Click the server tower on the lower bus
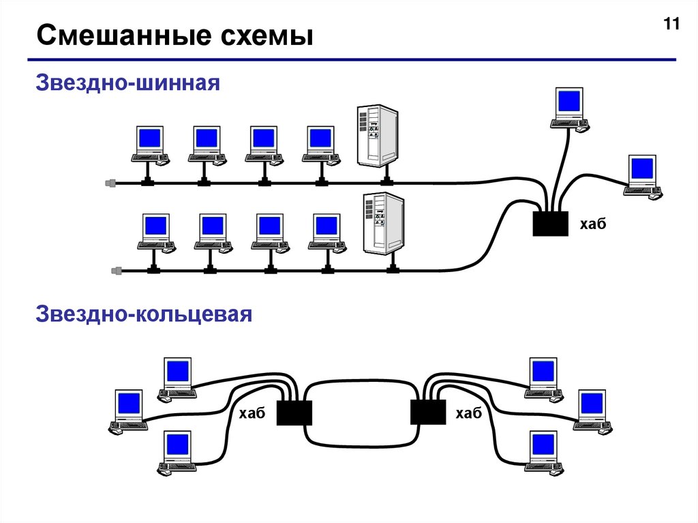click(384, 224)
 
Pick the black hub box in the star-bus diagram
click(551, 224)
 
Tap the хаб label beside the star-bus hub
click(592, 224)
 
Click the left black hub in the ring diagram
click(294, 413)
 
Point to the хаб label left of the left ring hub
click(252, 414)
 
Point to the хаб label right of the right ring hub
click(468, 414)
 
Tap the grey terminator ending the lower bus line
click(117, 271)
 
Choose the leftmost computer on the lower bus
click(155, 232)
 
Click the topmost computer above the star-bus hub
click(570, 108)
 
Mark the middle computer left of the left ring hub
click(129, 411)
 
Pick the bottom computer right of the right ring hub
click(543, 452)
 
